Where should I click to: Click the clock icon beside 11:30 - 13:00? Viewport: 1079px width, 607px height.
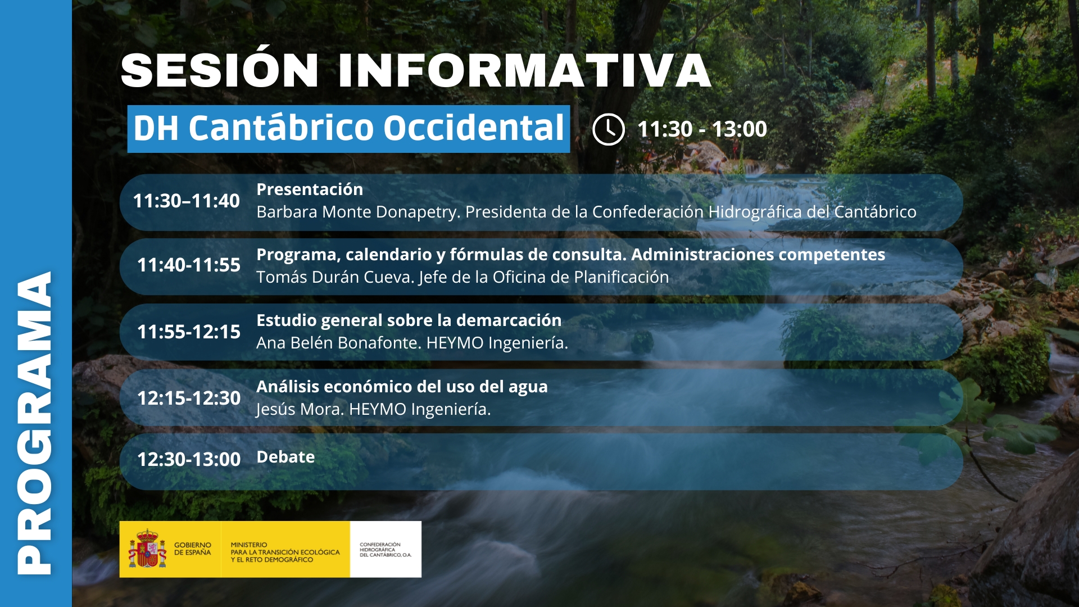pos(609,129)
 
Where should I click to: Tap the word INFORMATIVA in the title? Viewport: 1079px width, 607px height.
pos(525,71)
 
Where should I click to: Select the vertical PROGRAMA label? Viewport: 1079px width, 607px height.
pos(35,423)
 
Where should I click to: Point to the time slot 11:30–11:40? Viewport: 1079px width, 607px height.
pos(187,201)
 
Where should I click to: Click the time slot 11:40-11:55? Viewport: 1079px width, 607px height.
pos(189,265)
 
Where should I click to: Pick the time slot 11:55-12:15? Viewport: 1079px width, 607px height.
pos(189,332)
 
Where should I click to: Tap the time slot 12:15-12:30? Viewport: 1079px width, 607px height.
pos(189,398)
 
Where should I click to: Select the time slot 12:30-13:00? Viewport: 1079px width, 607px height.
pos(189,459)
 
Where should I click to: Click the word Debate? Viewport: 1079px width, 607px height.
pos(285,457)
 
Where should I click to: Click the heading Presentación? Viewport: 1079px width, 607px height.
pos(310,189)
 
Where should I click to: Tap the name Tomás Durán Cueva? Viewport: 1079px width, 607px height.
pos(335,277)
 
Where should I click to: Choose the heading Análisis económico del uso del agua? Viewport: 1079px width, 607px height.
pos(402,387)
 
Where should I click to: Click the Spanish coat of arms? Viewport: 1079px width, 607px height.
pos(147,549)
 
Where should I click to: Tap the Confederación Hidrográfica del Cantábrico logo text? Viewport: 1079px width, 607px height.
pos(386,550)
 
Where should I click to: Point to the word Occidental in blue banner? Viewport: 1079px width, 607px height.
pos(474,128)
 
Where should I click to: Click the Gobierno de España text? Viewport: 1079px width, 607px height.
pos(193,549)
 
